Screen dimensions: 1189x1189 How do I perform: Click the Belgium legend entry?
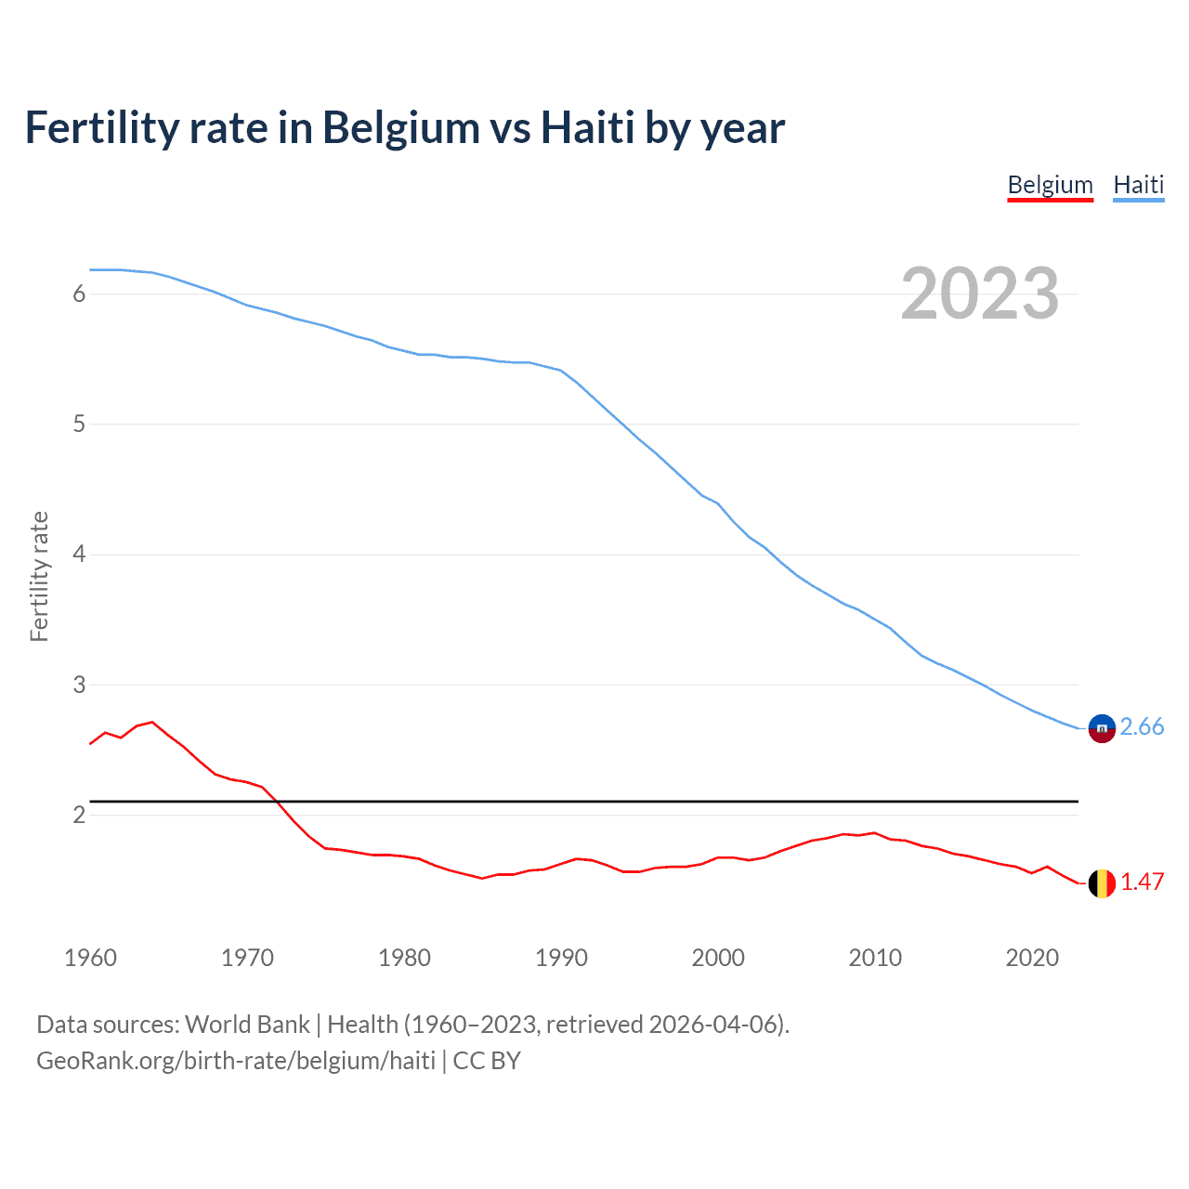[1050, 185]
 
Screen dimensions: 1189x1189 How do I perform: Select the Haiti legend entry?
[1138, 185]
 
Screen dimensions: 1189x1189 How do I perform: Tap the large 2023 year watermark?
[979, 294]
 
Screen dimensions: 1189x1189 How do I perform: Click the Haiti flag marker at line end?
[1101, 728]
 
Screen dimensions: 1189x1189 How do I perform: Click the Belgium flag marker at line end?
[1101, 883]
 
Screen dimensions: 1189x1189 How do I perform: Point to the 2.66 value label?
[1142, 726]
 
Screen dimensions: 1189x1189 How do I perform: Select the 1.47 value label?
[1142, 882]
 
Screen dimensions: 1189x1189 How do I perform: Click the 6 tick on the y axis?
[79, 294]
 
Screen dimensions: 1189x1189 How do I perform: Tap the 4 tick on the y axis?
[79, 555]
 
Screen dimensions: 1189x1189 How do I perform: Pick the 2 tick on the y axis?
[79, 815]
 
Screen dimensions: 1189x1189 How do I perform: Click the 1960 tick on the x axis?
[90, 958]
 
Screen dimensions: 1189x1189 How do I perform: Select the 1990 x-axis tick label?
[561, 958]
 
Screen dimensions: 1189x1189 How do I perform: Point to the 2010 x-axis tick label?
[875, 958]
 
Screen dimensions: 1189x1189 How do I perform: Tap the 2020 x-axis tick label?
[1032, 958]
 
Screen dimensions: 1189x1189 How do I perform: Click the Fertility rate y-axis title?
[39, 576]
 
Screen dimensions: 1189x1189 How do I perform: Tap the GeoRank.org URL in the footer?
[235, 1061]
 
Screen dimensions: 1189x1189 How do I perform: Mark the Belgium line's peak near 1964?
[152, 722]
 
